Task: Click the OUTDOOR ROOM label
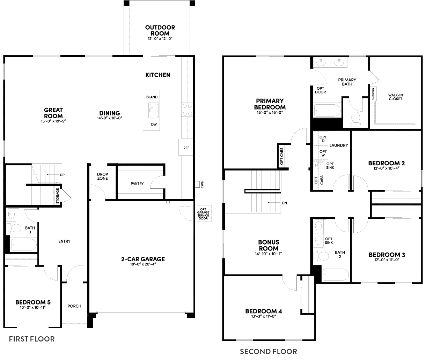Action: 160,30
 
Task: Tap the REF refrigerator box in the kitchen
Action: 186,148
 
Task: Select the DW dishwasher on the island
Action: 154,125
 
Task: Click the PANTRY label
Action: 137,183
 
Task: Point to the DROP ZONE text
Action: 102,176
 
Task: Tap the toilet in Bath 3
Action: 16,228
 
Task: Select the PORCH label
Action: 74,306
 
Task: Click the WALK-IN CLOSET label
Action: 395,97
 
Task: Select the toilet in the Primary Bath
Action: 356,119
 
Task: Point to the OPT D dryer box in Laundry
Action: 323,138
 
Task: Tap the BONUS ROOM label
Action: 269,245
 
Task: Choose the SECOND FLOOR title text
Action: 268,351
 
